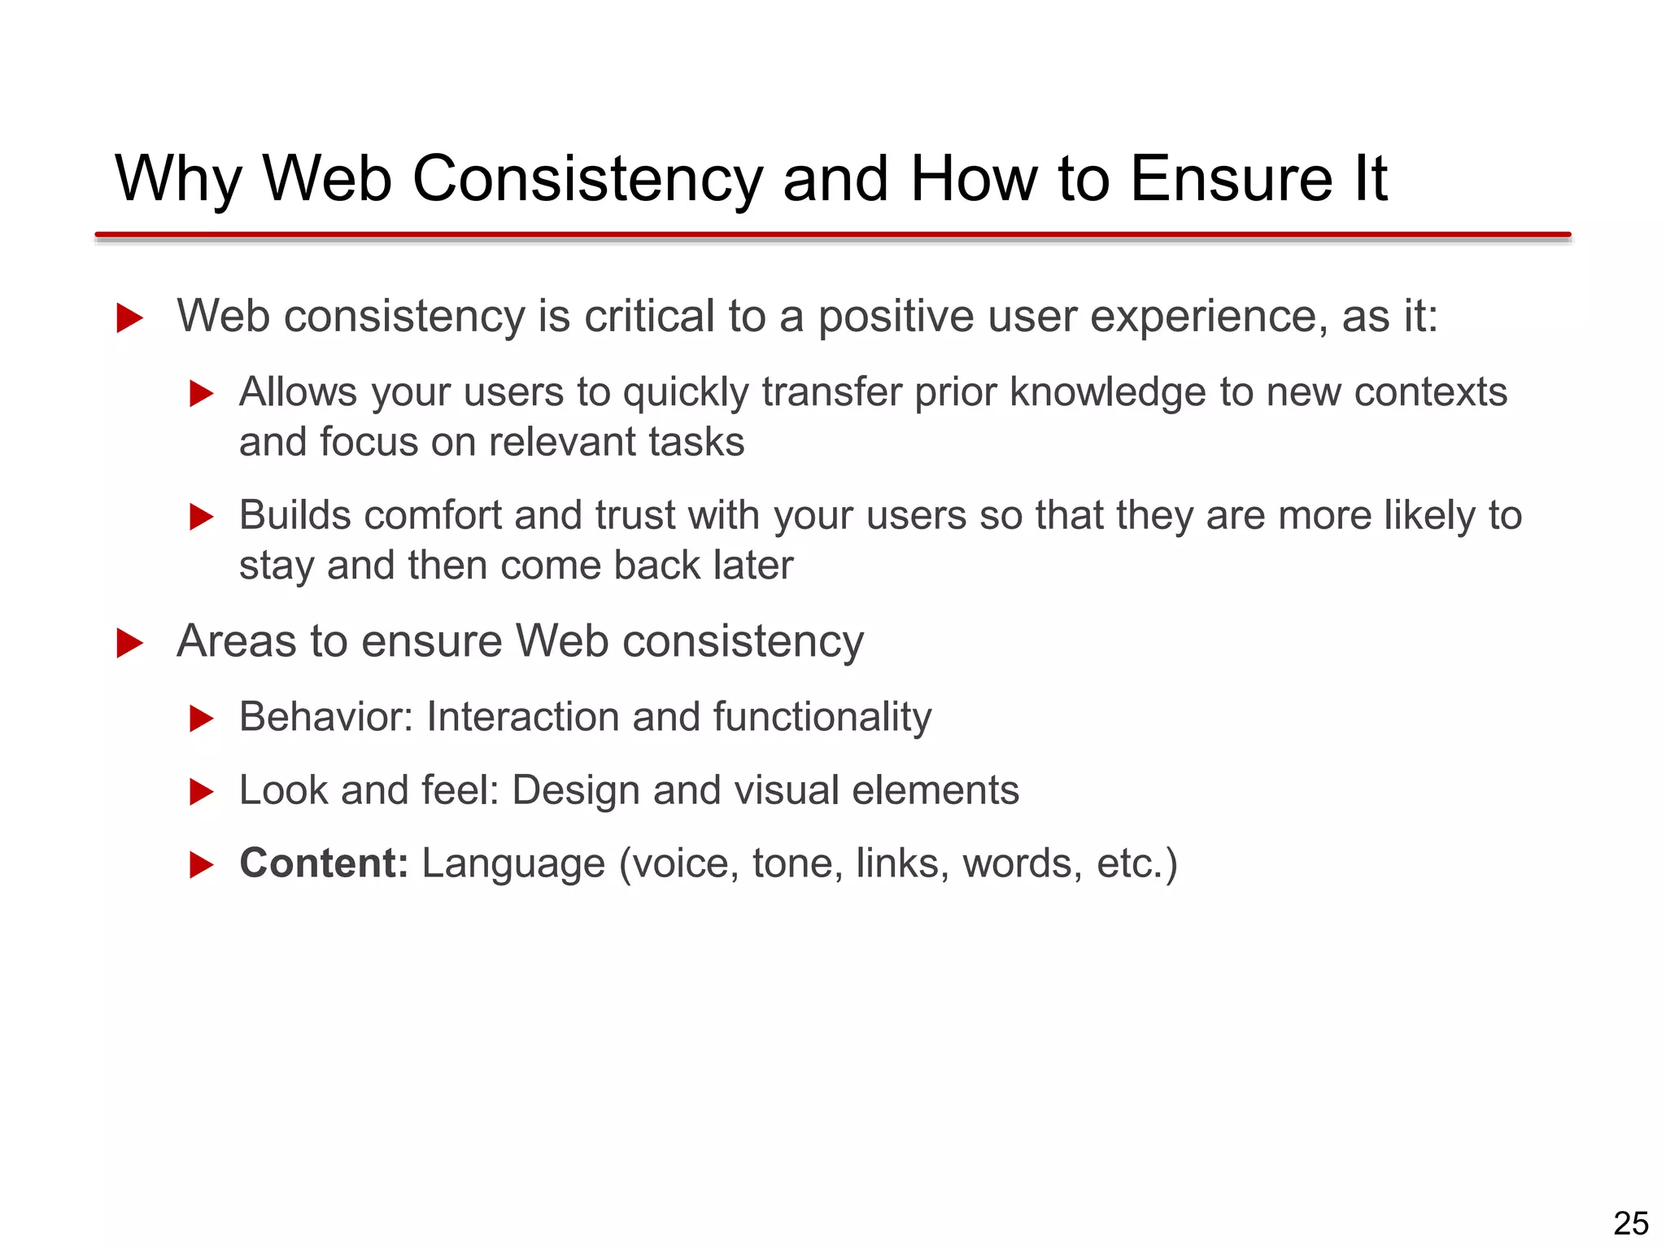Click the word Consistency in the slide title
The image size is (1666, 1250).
pos(588,179)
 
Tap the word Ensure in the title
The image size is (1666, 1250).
pos(1232,179)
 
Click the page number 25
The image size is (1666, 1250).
pos(1630,1224)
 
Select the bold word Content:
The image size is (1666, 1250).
pos(324,863)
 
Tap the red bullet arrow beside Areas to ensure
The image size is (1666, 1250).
pos(129,643)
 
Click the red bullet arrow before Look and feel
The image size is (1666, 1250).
pos(201,792)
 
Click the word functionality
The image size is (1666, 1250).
pos(822,717)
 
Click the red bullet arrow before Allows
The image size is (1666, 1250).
pos(201,394)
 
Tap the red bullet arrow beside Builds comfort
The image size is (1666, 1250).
pos(201,517)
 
